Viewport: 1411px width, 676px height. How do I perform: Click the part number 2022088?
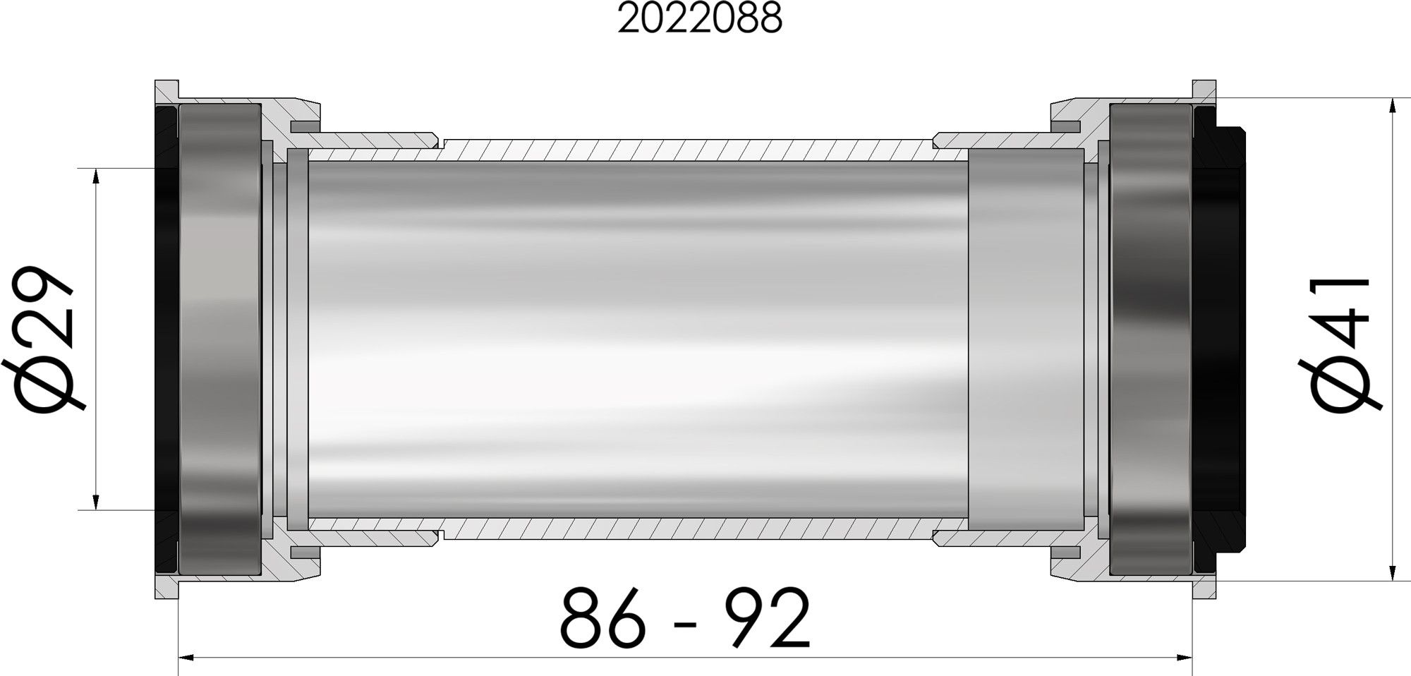(700, 20)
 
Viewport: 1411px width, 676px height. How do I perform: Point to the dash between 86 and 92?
(686, 624)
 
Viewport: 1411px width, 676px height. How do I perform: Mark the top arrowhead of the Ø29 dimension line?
(95, 177)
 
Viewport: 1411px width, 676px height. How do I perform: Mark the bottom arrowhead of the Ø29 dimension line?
(95, 500)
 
